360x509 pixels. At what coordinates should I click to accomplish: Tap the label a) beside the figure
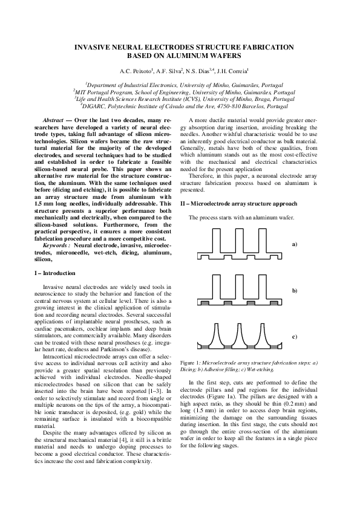[x=295, y=244]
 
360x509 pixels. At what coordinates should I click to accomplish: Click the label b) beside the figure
[x=295, y=291]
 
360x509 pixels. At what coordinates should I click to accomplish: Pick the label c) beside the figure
[x=295, y=336]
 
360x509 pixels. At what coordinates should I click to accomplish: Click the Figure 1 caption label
[x=190, y=361]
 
